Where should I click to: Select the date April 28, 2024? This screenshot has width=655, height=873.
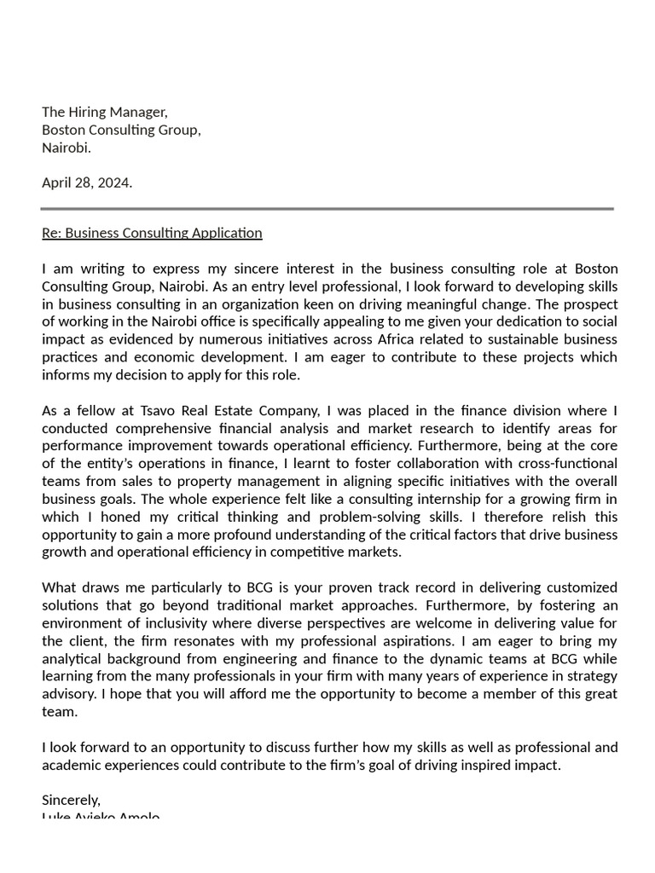click(87, 182)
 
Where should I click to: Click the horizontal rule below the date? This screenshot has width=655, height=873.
click(327, 208)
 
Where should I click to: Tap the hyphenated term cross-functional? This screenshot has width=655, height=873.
click(565, 463)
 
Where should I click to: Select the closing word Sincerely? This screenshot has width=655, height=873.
click(71, 800)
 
